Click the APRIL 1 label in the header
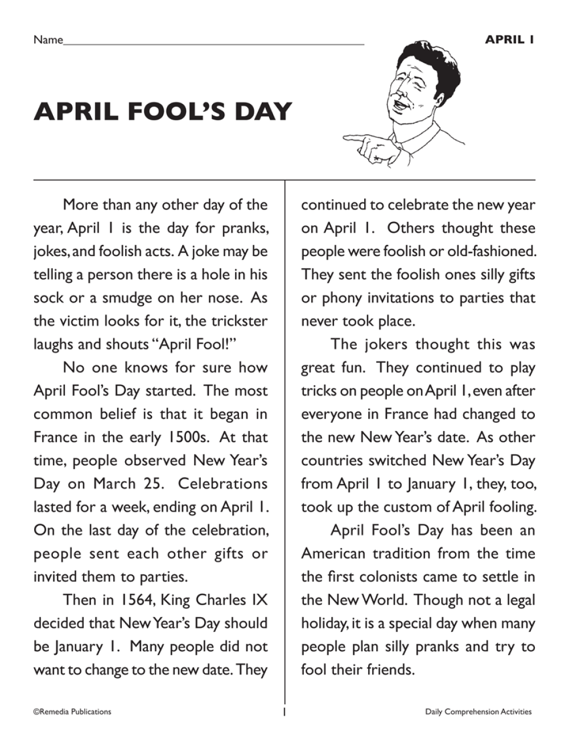coord(509,39)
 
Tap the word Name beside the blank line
coord(48,40)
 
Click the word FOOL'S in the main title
coord(168,112)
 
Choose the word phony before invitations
coord(343,298)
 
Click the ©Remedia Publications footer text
coord(72,712)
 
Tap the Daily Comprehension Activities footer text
coord(478,712)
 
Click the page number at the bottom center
coord(284,712)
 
